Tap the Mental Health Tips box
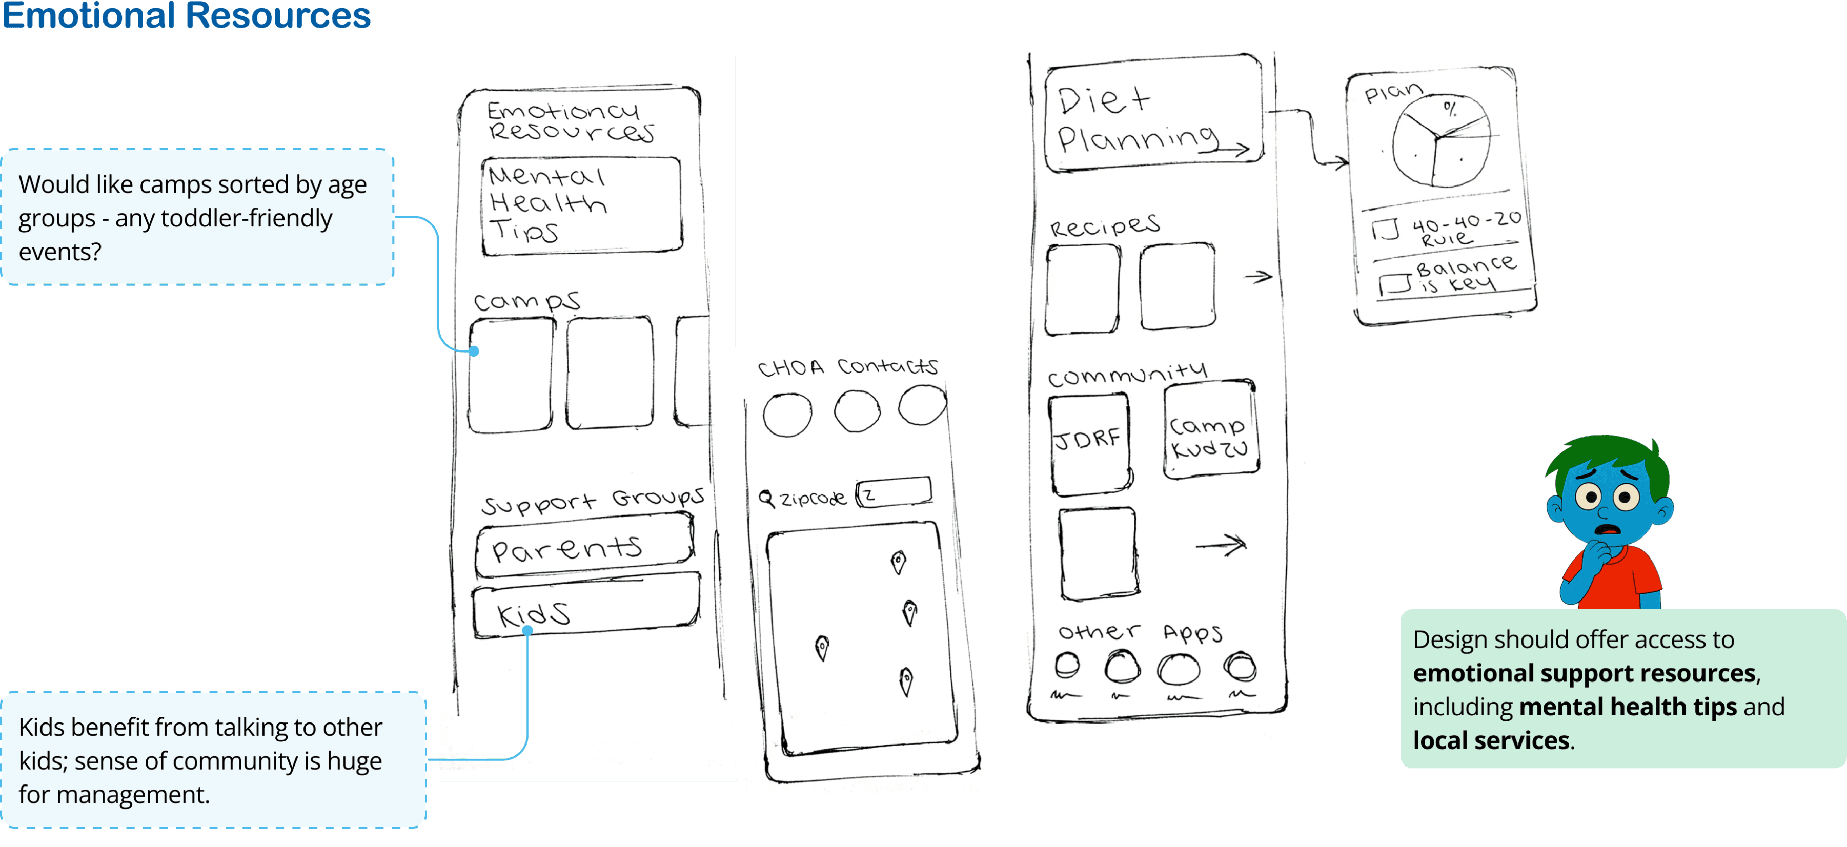point(581,205)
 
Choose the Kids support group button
point(585,609)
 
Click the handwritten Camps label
point(526,301)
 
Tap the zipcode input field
point(895,493)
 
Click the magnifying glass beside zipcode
point(766,498)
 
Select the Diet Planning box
point(1153,115)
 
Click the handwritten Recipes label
point(1104,226)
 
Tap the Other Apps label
point(1140,632)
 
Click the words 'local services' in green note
point(1491,740)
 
